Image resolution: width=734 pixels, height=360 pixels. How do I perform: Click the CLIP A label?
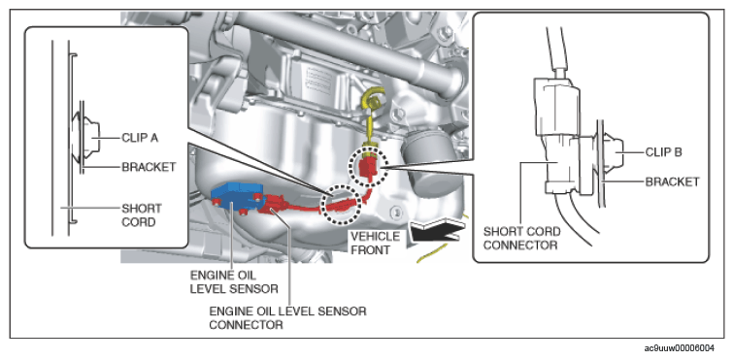point(141,138)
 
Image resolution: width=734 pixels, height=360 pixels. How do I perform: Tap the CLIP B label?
point(664,152)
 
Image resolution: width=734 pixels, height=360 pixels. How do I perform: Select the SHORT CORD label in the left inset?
point(142,214)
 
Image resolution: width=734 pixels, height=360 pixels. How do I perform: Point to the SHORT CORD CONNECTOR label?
point(522,238)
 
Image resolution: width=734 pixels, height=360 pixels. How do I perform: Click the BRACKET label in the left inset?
point(149,167)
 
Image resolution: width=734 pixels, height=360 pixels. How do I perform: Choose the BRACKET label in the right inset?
point(672,181)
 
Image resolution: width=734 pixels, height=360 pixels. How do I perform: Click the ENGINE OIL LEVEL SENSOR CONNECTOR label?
point(287,318)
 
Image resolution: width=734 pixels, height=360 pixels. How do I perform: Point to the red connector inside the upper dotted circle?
point(367,167)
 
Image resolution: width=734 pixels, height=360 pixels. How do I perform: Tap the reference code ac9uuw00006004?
point(680,348)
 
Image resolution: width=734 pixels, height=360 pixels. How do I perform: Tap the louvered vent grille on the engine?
point(318,78)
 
